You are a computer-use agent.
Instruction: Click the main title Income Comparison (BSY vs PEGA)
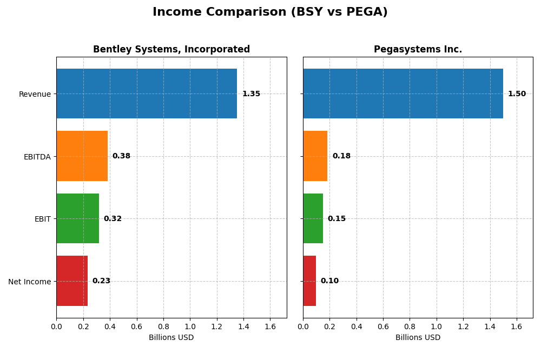270,12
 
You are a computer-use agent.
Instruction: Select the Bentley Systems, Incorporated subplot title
171,50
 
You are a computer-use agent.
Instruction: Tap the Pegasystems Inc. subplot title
418,50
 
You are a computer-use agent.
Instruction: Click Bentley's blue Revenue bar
146,94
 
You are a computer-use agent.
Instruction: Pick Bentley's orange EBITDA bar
82,156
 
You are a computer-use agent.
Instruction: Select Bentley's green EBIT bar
77,218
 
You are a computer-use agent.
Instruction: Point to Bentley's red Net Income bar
72,281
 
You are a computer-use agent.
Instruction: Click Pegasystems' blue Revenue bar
403,94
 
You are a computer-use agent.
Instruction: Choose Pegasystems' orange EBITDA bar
315,156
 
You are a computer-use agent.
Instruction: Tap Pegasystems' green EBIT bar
313,218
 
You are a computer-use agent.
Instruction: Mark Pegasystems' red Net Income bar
309,281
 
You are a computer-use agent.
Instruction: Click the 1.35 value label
251,94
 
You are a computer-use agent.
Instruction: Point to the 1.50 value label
517,94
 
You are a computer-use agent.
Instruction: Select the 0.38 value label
121,156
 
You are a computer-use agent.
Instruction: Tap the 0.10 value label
329,281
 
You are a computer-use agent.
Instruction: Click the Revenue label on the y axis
35,94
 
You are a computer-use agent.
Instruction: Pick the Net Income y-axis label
30,282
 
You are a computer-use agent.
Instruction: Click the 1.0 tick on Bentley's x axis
190,326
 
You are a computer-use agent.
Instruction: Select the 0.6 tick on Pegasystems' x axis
383,326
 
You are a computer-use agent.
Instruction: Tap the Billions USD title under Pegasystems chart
418,338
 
